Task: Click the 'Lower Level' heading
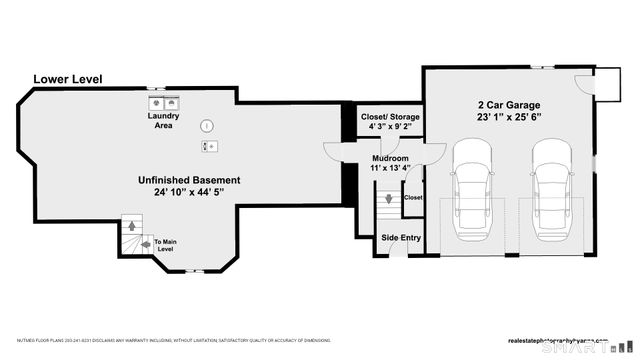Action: [68, 79]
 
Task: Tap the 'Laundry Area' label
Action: [164, 121]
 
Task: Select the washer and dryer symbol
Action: [164, 102]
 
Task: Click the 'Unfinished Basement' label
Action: [189, 180]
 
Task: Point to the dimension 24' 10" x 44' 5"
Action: [189, 192]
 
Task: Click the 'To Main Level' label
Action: [164, 245]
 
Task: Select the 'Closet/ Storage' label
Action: [390, 117]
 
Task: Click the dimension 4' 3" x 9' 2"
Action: [390, 128]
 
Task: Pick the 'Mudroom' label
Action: [390, 158]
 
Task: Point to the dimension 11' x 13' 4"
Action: [390, 169]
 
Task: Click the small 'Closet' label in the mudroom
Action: [413, 197]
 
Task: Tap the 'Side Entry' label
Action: [401, 237]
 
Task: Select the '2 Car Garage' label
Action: [510, 104]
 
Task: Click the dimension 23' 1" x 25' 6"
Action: [510, 117]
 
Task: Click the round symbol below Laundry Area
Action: [206, 126]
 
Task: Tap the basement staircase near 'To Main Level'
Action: [129, 236]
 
